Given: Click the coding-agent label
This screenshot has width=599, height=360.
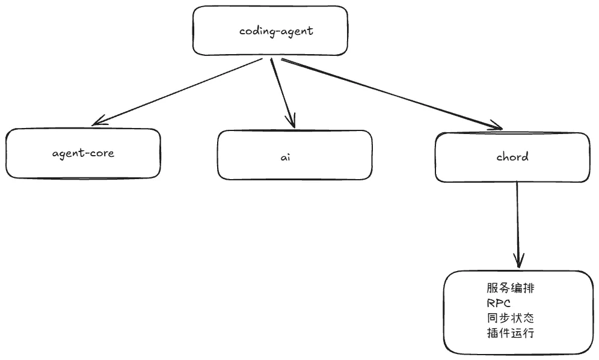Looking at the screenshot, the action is tap(276, 31).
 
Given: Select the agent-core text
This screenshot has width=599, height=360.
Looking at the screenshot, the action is tap(83, 153).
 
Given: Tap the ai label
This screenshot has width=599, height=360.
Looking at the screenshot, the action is tap(285, 157).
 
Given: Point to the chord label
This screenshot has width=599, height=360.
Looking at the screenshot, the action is tap(512, 156).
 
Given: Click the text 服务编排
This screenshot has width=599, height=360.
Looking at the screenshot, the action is tap(511, 288).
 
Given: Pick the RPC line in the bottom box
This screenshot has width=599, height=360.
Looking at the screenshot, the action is tap(499, 303).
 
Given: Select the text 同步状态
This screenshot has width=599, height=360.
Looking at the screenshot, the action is tap(511, 318).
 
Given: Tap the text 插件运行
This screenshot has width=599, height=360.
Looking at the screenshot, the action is tap(511, 333).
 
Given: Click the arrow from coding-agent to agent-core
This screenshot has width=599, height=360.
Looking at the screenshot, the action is tap(177, 91).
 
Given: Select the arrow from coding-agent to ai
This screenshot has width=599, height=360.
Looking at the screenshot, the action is tap(283, 93).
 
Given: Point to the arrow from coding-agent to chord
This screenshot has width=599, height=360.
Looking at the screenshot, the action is tap(392, 94).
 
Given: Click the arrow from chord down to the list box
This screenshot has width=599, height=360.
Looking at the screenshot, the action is tap(518, 225).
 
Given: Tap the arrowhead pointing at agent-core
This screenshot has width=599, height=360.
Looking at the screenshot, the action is tap(98, 121).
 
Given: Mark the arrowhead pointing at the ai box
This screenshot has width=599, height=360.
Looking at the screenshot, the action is tap(292, 121).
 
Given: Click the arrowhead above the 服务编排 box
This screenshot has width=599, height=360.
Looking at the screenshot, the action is tap(519, 261).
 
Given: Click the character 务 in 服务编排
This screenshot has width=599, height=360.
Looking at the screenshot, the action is tap(504, 288).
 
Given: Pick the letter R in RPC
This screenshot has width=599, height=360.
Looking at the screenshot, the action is tap(491, 303).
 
